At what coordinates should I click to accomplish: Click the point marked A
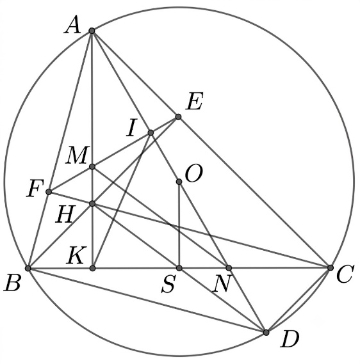coord(92,31)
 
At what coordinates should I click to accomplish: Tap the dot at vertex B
coord(28,268)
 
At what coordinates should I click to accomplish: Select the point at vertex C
coord(331,267)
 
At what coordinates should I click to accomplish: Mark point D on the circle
coord(266,333)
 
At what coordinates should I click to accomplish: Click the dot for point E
coord(178,116)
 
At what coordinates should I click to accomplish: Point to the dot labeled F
coord(49,192)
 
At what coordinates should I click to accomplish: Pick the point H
coord(92,203)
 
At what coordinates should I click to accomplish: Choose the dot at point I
coord(151,132)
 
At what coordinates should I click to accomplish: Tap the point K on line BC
coord(92,268)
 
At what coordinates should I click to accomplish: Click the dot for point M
coord(92,166)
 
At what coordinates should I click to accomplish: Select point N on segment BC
coord(229,268)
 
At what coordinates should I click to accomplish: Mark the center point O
coord(179,182)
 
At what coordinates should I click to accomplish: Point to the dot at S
coord(179,268)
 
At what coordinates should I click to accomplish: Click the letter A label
coord(72,26)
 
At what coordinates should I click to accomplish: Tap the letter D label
coord(290,340)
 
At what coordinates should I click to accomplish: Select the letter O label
coord(194,173)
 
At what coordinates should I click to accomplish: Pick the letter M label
coord(77,155)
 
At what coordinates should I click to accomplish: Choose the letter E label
coord(195,101)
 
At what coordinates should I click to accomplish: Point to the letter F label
coord(35,189)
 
